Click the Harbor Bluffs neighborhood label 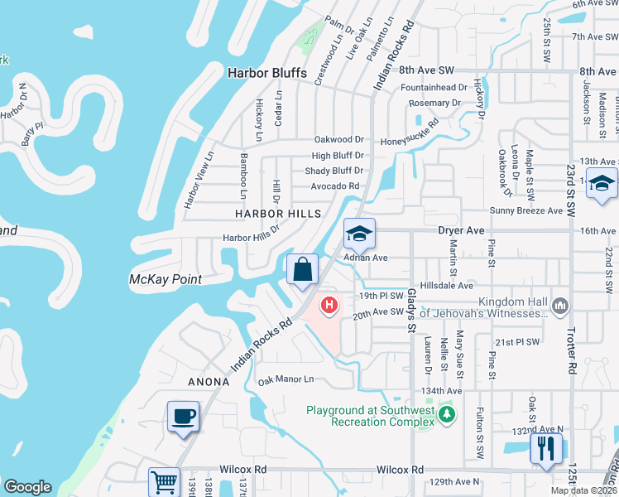266,73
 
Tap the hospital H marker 329,306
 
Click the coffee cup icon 183,416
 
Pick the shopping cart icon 164,481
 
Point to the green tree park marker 448,413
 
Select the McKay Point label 166,279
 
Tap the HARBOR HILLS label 277,214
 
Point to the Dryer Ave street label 463,230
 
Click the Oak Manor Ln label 286,380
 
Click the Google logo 27,488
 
